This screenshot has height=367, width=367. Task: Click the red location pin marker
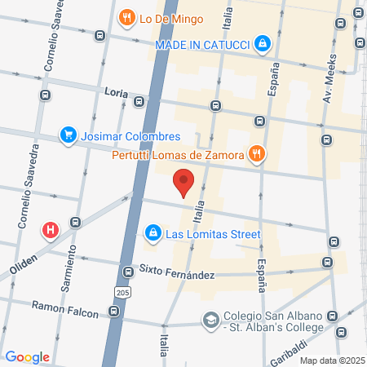(x=184, y=182)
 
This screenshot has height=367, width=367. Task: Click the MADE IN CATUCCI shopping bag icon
(x=262, y=43)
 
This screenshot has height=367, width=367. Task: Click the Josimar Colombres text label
(x=131, y=136)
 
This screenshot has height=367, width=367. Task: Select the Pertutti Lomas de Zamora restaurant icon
(x=257, y=153)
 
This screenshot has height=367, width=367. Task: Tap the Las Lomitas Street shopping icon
(x=152, y=234)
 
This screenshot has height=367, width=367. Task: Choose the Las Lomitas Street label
(x=213, y=234)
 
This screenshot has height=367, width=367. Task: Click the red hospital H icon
(x=51, y=230)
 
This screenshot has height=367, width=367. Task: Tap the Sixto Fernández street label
(x=175, y=270)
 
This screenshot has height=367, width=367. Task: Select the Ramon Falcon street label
(x=64, y=307)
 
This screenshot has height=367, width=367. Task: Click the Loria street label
(x=116, y=93)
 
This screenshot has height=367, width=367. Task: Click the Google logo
(x=27, y=356)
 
